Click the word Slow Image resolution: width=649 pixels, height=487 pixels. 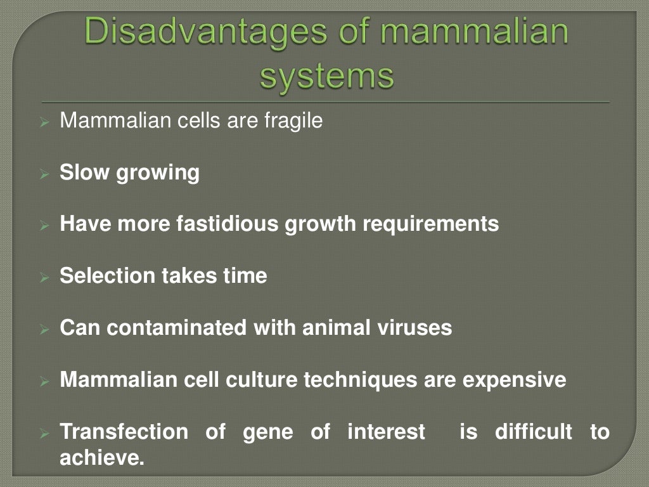pos(85,172)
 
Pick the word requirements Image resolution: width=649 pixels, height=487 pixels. pos(430,224)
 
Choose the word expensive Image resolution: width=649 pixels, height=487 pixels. pos(514,380)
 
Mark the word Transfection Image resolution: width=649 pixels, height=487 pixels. pos(124,432)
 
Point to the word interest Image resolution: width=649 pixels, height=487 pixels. pos(386,432)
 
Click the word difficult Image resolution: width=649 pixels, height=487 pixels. pos(533,432)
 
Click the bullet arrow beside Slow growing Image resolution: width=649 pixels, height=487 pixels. pos(44,173)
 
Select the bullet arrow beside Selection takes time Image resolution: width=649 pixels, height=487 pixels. pos(44,277)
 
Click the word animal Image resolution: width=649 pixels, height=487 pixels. pos(339,328)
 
